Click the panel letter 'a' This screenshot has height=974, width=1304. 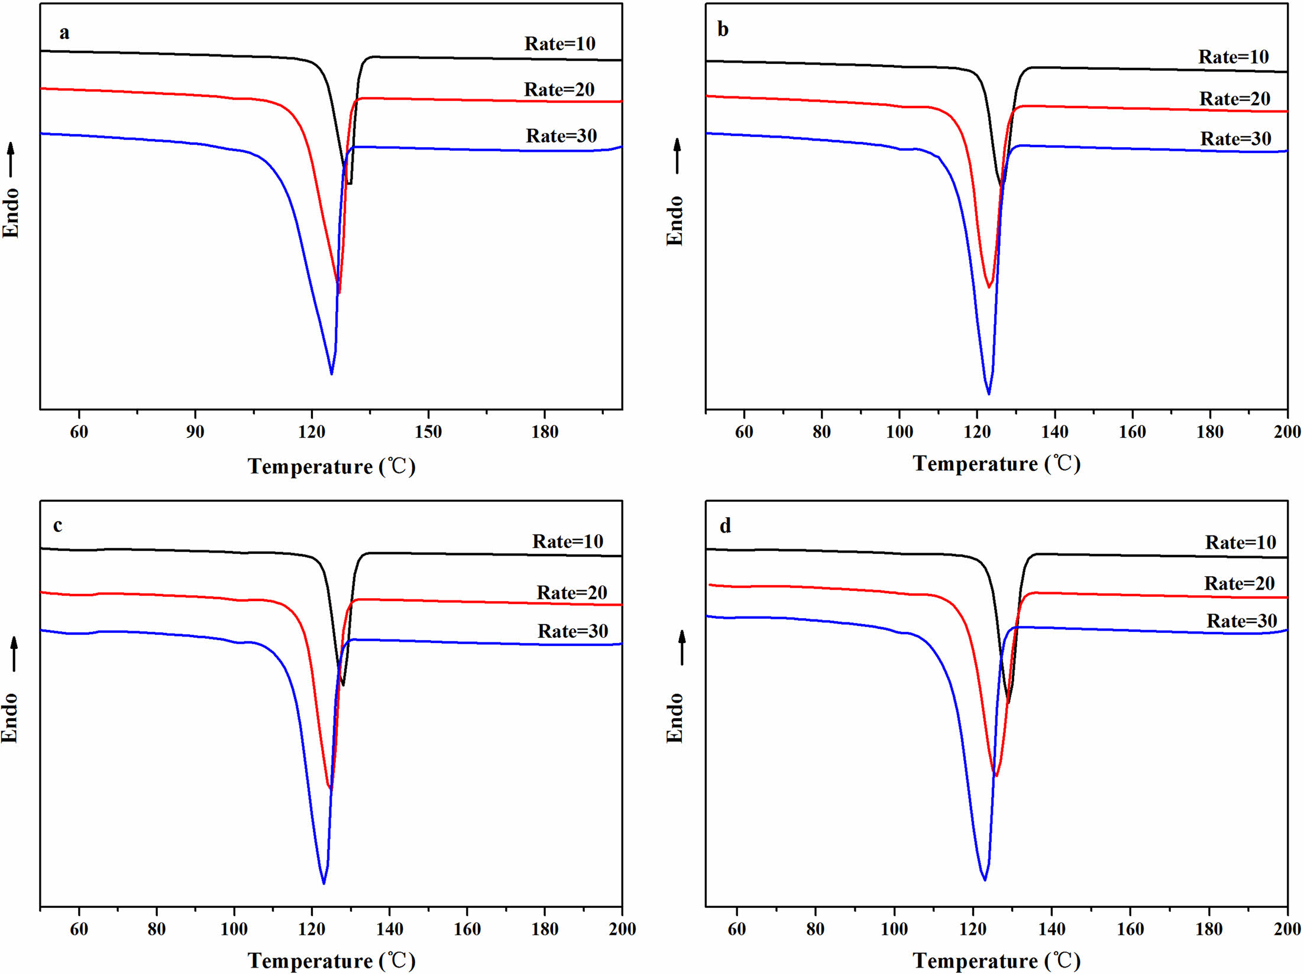[x=64, y=33]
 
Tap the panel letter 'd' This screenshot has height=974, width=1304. [x=725, y=525]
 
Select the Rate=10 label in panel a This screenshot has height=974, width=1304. [x=559, y=44]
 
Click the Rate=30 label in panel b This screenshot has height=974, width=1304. [x=1235, y=139]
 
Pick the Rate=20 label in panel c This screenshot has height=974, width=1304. [x=571, y=593]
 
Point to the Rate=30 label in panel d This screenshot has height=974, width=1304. [x=1241, y=621]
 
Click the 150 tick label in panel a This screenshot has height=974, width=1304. [x=428, y=432]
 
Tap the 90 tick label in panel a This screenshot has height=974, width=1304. [x=195, y=432]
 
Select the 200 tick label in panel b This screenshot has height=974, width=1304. [x=1287, y=432]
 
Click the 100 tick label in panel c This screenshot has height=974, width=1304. [x=234, y=929]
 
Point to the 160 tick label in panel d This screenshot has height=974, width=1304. [x=1130, y=929]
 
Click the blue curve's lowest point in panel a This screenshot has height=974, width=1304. [x=331, y=374]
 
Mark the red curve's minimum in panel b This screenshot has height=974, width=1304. [x=988, y=287]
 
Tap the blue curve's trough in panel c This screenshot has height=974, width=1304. [x=323, y=884]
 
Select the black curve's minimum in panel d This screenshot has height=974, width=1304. [x=1008, y=703]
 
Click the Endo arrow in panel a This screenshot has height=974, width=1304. [x=11, y=160]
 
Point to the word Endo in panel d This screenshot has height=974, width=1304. [x=675, y=717]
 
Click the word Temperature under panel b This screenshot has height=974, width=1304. [x=975, y=464]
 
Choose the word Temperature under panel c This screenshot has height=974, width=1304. [x=310, y=961]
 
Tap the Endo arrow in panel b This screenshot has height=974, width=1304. [x=677, y=156]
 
